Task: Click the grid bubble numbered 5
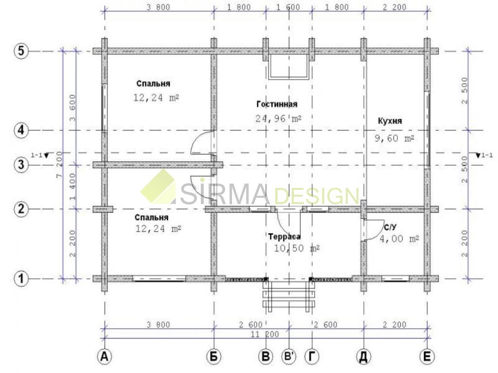pos(21,51)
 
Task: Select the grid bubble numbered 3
pos(21,165)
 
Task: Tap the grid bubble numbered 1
pos(21,278)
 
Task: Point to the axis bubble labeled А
pos(104,356)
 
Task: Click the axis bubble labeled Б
pos(214,356)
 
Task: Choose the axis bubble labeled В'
pos(289,356)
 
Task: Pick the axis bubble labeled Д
pos(364,356)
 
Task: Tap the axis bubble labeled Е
pos(427,356)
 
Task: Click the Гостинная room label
pos(277,104)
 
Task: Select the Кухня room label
pos(390,121)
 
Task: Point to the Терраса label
pos(284,237)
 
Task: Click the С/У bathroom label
pos(391,227)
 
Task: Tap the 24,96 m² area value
pos(279,119)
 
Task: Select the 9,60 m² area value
pos(394,138)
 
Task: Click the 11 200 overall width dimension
pos(265,334)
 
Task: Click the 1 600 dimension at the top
pos(288,7)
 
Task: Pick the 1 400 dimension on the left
pos(73,186)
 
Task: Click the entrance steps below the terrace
pos(289,296)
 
